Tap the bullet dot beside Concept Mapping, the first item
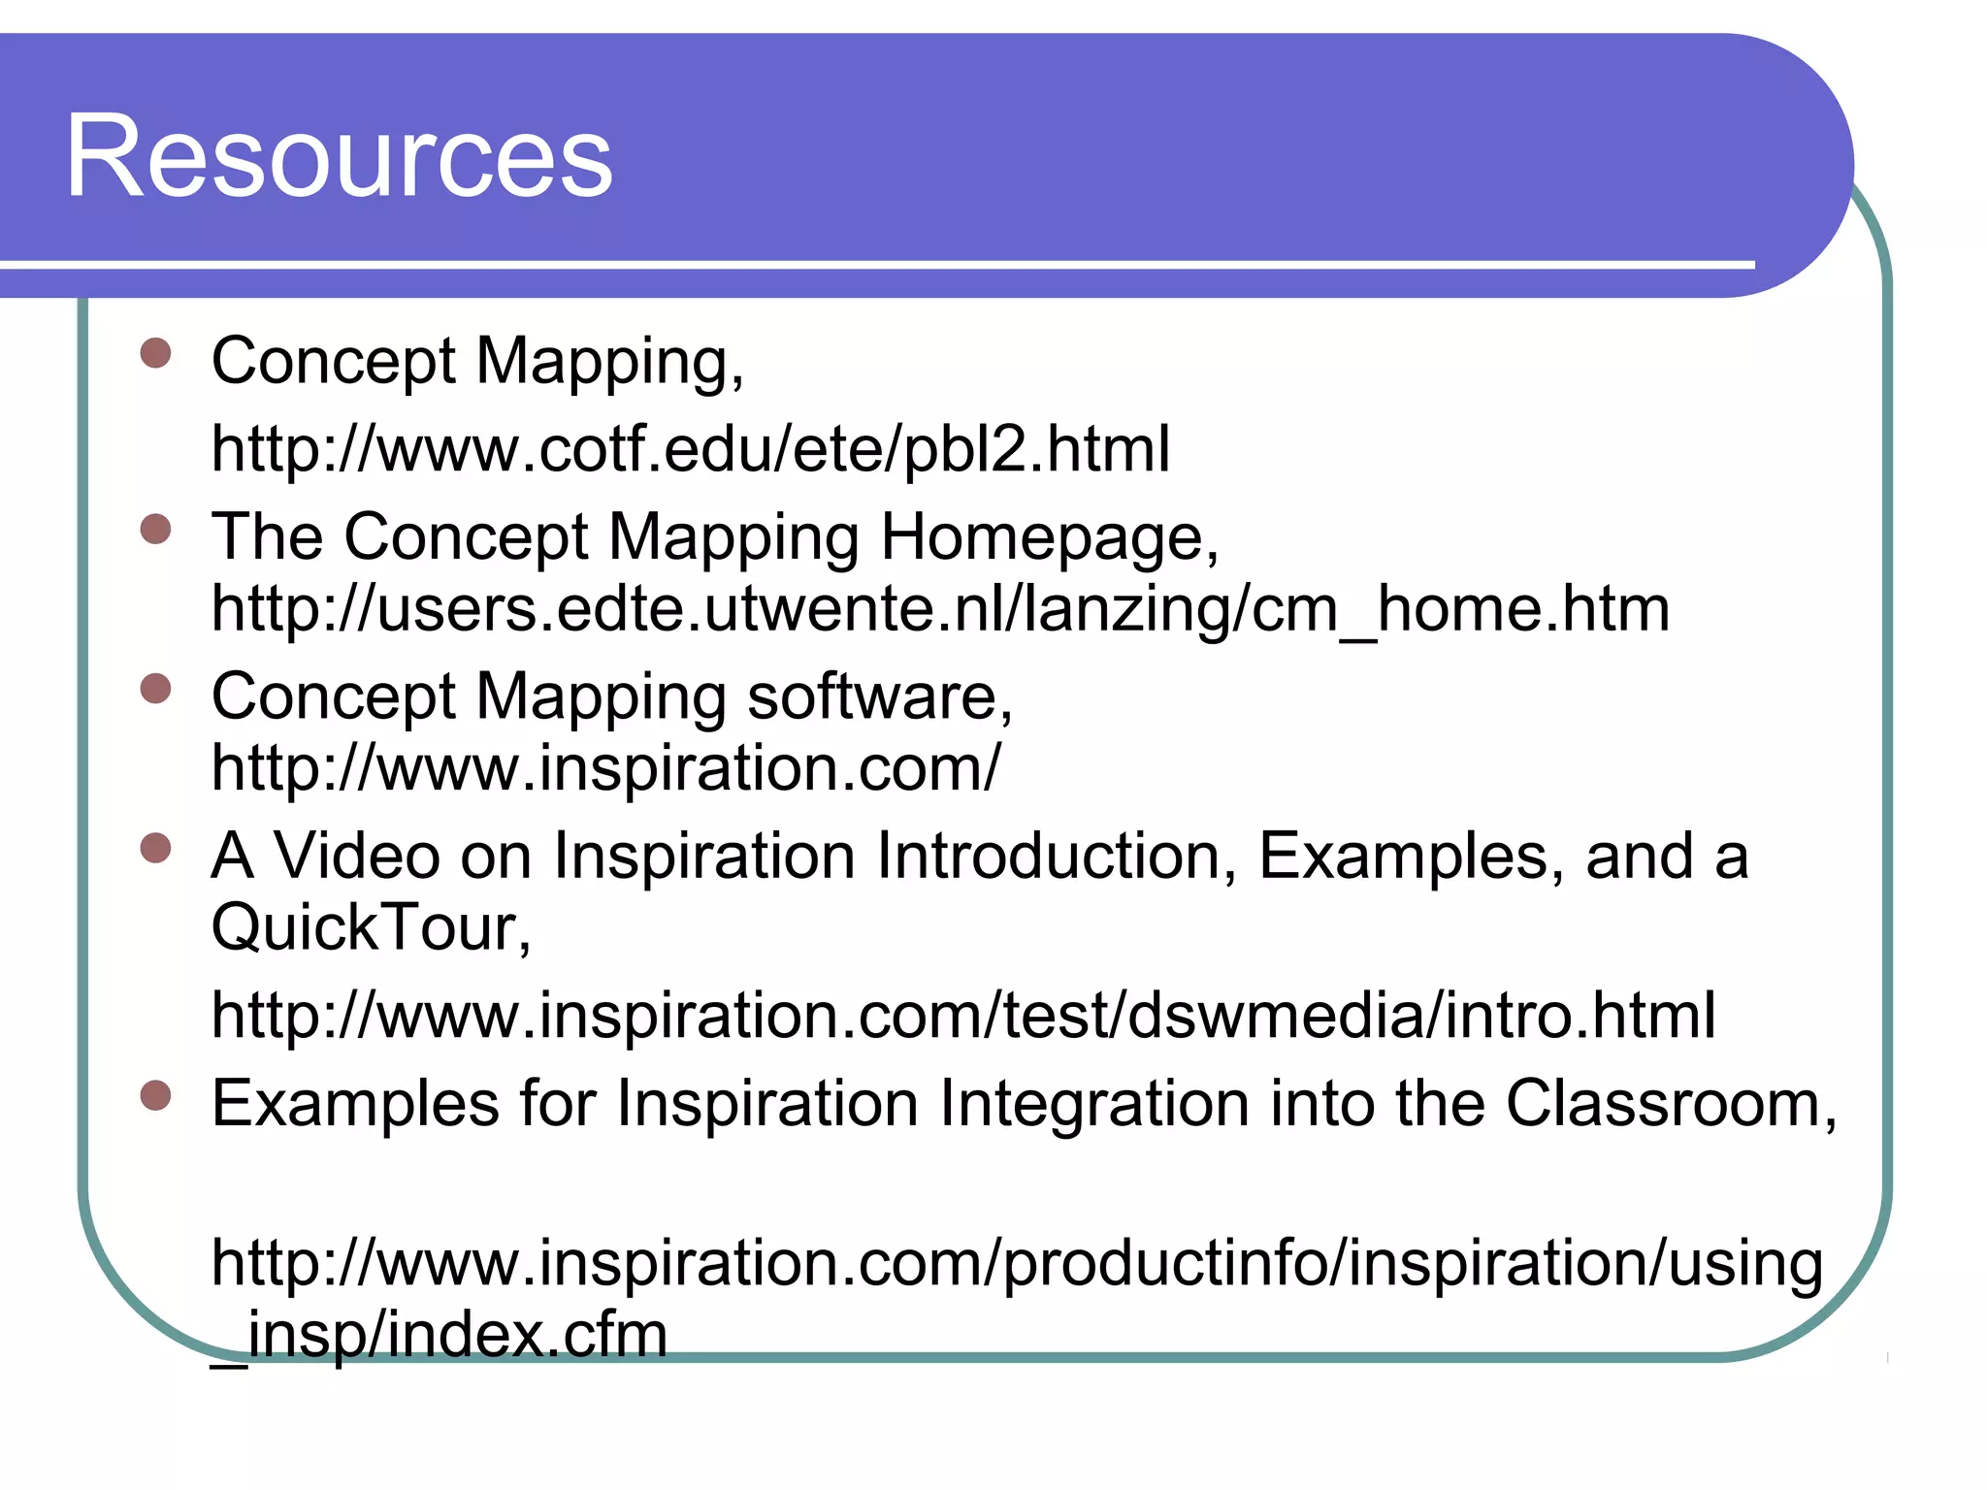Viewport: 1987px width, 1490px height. pyautogui.click(x=155, y=353)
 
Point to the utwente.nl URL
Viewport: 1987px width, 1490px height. pyautogui.click(x=940, y=609)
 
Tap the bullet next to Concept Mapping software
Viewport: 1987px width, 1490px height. pyautogui.click(x=155, y=689)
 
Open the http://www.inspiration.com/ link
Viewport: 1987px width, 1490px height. pyautogui.click(x=605, y=768)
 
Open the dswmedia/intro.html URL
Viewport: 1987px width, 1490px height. pyautogui.click(x=963, y=1015)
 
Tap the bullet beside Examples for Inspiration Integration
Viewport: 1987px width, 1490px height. pyautogui.click(x=155, y=1096)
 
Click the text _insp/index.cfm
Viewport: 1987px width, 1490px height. pyautogui.click(x=440, y=1335)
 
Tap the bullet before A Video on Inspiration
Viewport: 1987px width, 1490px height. pyautogui.click(x=155, y=849)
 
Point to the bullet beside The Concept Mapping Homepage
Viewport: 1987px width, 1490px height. pyautogui.click(x=155, y=530)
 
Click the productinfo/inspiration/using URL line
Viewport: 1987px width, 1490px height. pyautogui.click(x=1017, y=1263)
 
